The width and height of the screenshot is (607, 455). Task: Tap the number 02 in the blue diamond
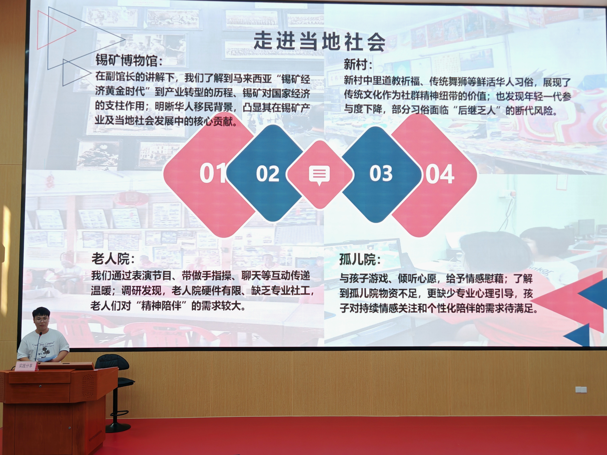tap(267, 174)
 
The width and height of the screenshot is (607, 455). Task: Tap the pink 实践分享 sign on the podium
tap(25, 366)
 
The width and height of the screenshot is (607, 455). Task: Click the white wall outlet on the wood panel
tap(581, 389)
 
